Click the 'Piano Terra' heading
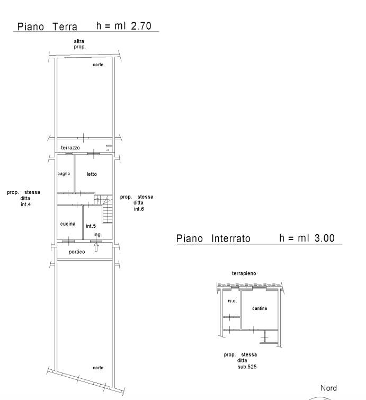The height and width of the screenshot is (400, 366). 47,26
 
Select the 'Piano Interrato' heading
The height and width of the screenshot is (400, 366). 213,238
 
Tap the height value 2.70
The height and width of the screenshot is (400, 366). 141,26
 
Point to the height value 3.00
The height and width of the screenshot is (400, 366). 325,238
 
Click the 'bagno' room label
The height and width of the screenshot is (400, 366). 64,174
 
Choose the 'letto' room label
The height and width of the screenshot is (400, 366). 92,174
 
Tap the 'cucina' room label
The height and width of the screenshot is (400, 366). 68,224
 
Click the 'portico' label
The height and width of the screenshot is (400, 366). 77,252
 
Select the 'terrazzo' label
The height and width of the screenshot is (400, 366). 70,148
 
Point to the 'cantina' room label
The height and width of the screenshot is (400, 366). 260,308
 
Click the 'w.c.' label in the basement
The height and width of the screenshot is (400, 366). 233,301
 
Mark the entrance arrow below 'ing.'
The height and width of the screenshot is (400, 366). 96,247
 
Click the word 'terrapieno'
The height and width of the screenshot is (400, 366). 244,273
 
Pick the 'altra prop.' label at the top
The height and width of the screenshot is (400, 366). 79,44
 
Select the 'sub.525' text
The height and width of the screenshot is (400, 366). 247,367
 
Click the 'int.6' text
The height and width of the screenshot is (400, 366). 139,209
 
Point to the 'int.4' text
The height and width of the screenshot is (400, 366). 26,205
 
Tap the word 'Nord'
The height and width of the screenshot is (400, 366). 328,388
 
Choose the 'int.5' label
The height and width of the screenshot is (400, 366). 91,226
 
